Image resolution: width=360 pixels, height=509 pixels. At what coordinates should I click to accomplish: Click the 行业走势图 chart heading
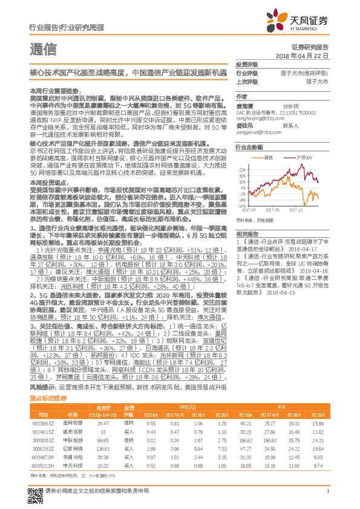249,147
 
